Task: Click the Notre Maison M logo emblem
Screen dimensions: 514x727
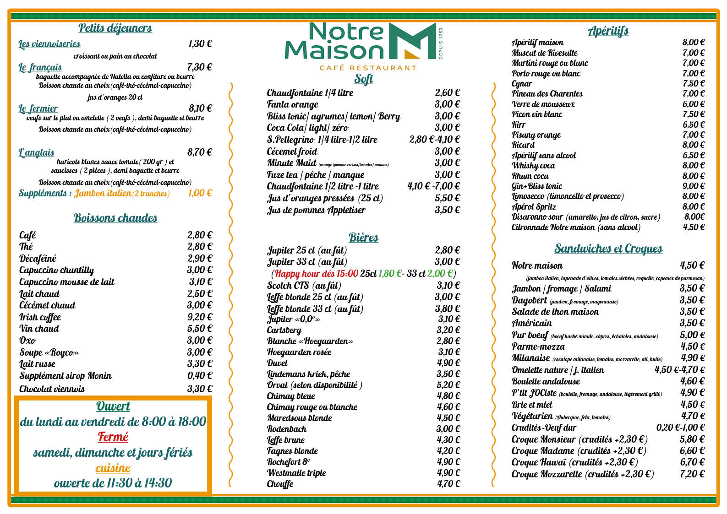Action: coord(412,41)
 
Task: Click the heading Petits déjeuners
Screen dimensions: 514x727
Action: coord(115,28)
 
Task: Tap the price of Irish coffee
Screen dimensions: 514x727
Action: coord(200,317)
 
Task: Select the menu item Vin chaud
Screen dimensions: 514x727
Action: coord(39,329)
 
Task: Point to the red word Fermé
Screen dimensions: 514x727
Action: coord(113,437)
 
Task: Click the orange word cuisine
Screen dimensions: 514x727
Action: coord(113,468)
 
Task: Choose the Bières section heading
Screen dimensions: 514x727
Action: coord(363,238)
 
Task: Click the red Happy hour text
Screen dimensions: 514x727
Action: coord(317,274)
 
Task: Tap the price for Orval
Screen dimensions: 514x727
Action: coord(448,385)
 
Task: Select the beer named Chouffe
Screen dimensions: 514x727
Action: coord(280,484)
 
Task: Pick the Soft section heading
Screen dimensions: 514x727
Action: coord(364,79)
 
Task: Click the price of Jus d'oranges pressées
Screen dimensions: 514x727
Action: coord(447,198)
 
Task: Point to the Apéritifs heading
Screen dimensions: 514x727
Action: coord(608,31)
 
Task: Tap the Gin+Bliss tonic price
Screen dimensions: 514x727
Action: coord(694,186)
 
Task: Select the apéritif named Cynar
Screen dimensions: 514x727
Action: coord(522,83)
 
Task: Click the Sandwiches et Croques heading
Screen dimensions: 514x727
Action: coord(608,249)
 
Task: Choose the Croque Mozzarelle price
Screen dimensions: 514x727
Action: coord(692,474)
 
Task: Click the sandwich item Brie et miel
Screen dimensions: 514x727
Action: coord(532,405)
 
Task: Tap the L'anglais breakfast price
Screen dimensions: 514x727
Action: coord(200,152)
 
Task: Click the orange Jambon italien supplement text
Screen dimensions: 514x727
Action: coord(103,193)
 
